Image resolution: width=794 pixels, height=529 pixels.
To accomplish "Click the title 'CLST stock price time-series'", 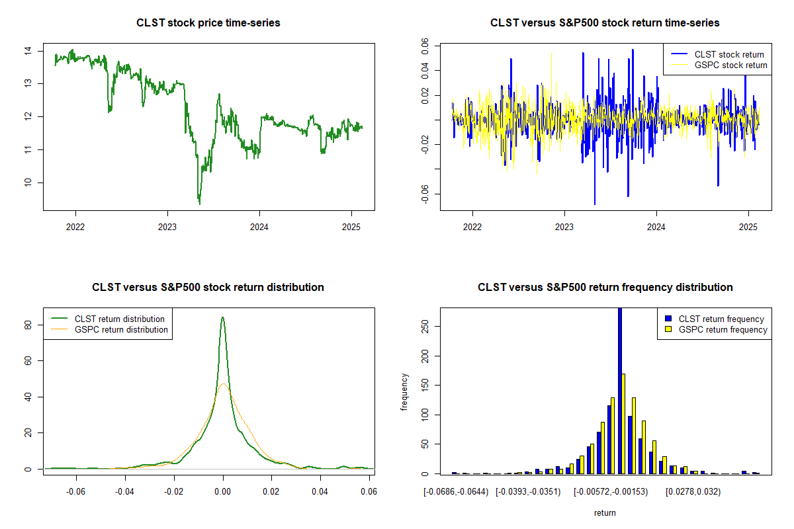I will pos(208,23).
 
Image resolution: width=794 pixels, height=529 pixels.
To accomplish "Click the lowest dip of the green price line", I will pos(200,203).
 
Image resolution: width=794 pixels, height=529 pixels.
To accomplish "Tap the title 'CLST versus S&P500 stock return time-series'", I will pos(605,23).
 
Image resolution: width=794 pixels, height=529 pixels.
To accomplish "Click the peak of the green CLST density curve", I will pos(223,317).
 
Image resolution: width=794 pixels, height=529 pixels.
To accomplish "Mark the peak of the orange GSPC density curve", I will pos(224,384).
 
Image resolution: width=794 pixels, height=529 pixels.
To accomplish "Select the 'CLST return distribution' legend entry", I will pos(119,319).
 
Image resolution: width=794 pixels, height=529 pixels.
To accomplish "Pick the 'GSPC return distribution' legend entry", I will pos(120,329).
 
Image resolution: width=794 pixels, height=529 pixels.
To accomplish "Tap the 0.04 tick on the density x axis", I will pos(320,492).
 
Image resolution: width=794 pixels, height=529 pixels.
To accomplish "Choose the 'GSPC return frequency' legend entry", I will pos(723,329).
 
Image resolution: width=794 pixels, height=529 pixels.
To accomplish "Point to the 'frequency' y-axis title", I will pos(404,392).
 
